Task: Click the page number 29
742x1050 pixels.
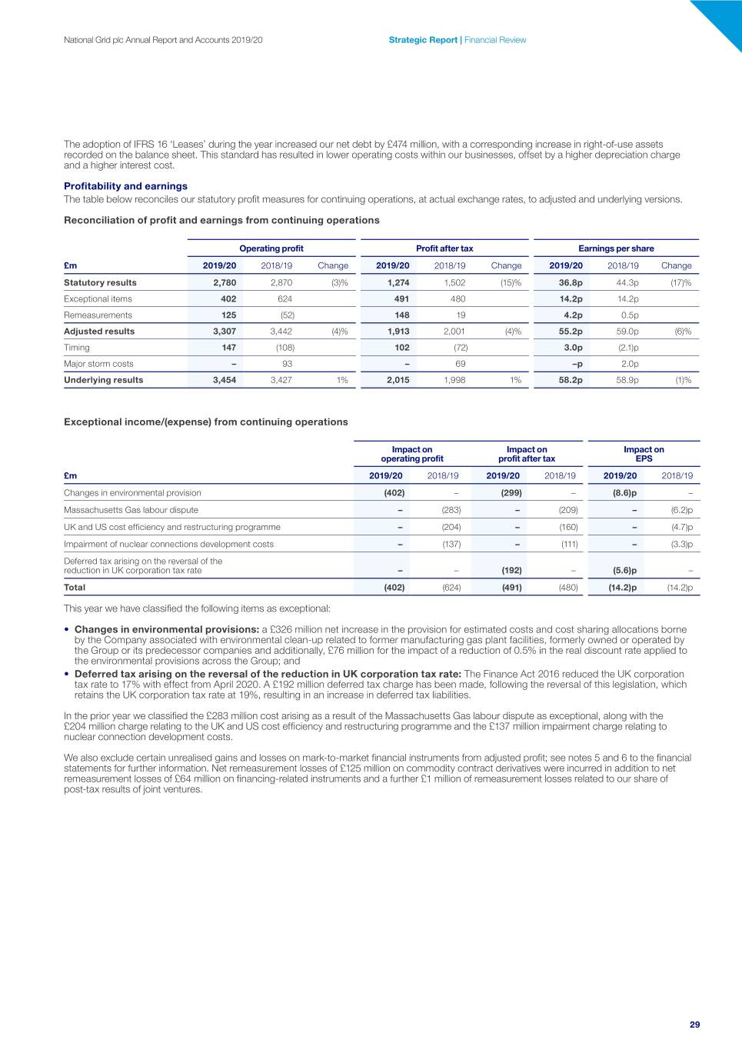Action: pyautogui.click(x=694, y=1024)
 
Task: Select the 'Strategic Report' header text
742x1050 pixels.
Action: pyautogui.click(x=423, y=40)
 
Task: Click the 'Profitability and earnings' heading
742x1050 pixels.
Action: pyautogui.click(x=125, y=186)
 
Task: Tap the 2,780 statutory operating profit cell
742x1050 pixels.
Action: pyautogui.click(x=225, y=282)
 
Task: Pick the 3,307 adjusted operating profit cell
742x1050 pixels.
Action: pyautogui.click(x=225, y=332)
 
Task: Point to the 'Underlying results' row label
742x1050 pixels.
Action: pyautogui.click(x=103, y=380)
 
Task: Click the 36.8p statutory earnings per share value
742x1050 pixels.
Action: pyautogui.click(x=571, y=282)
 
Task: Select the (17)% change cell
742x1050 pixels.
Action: pyautogui.click(x=680, y=282)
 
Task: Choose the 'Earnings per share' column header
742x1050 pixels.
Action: pyautogui.click(x=616, y=248)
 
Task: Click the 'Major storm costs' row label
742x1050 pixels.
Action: pyautogui.click(x=98, y=364)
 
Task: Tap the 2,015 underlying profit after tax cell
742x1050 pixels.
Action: pyautogui.click(x=398, y=380)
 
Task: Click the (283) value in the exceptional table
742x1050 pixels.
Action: pyautogui.click(x=451, y=510)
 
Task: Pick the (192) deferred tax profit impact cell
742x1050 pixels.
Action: pyautogui.click(x=511, y=570)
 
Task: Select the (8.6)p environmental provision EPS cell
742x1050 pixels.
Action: pyautogui.click(x=624, y=493)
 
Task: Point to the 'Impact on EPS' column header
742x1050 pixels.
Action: pyautogui.click(x=644, y=454)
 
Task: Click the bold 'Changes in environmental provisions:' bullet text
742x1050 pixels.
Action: pyautogui.click(x=166, y=629)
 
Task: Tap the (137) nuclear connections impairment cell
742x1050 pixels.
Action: pyautogui.click(x=451, y=544)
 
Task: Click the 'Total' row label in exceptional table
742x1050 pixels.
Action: pyautogui.click(x=75, y=588)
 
